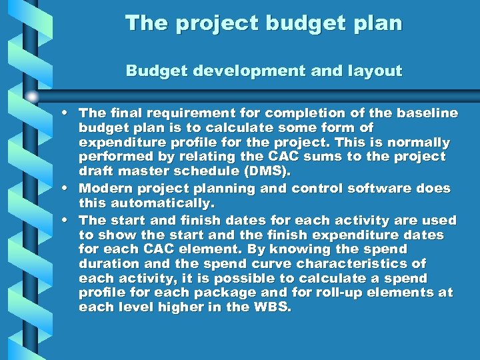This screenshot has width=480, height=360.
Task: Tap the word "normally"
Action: click(x=418, y=143)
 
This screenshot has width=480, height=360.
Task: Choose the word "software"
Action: click(x=374, y=188)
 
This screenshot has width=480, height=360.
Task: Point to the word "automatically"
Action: click(x=154, y=203)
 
